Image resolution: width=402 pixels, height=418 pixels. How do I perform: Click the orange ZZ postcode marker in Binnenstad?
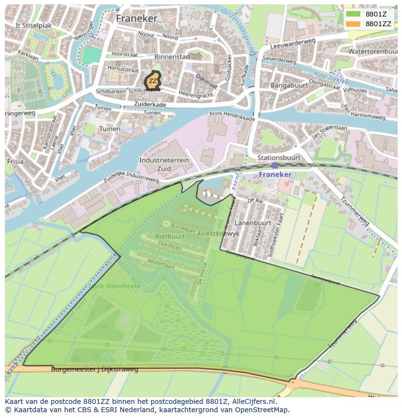tap(152, 81)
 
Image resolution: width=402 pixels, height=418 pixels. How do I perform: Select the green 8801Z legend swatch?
tap(353, 14)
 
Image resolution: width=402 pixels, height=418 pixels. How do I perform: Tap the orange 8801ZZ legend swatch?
tap(353, 24)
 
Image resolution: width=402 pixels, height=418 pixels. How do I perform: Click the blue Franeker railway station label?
tap(275, 174)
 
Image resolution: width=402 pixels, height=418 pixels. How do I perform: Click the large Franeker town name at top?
tap(136, 18)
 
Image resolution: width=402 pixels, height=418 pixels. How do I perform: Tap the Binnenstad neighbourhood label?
tap(172, 57)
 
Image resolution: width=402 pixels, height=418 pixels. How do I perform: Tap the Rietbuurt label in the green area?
tap(169, 236)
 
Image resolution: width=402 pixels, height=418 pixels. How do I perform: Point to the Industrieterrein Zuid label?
tap(164, 164)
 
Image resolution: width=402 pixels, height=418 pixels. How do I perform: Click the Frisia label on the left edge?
tap(15, 161)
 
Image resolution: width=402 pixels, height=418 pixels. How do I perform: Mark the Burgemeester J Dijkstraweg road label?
tap(95, 369)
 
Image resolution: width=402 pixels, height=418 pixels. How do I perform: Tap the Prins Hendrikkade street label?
tap(232, 116)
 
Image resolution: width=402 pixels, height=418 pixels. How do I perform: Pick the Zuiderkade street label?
tap(151, 104)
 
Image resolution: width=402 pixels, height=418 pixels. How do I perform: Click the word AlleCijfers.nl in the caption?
tap(254, 401)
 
